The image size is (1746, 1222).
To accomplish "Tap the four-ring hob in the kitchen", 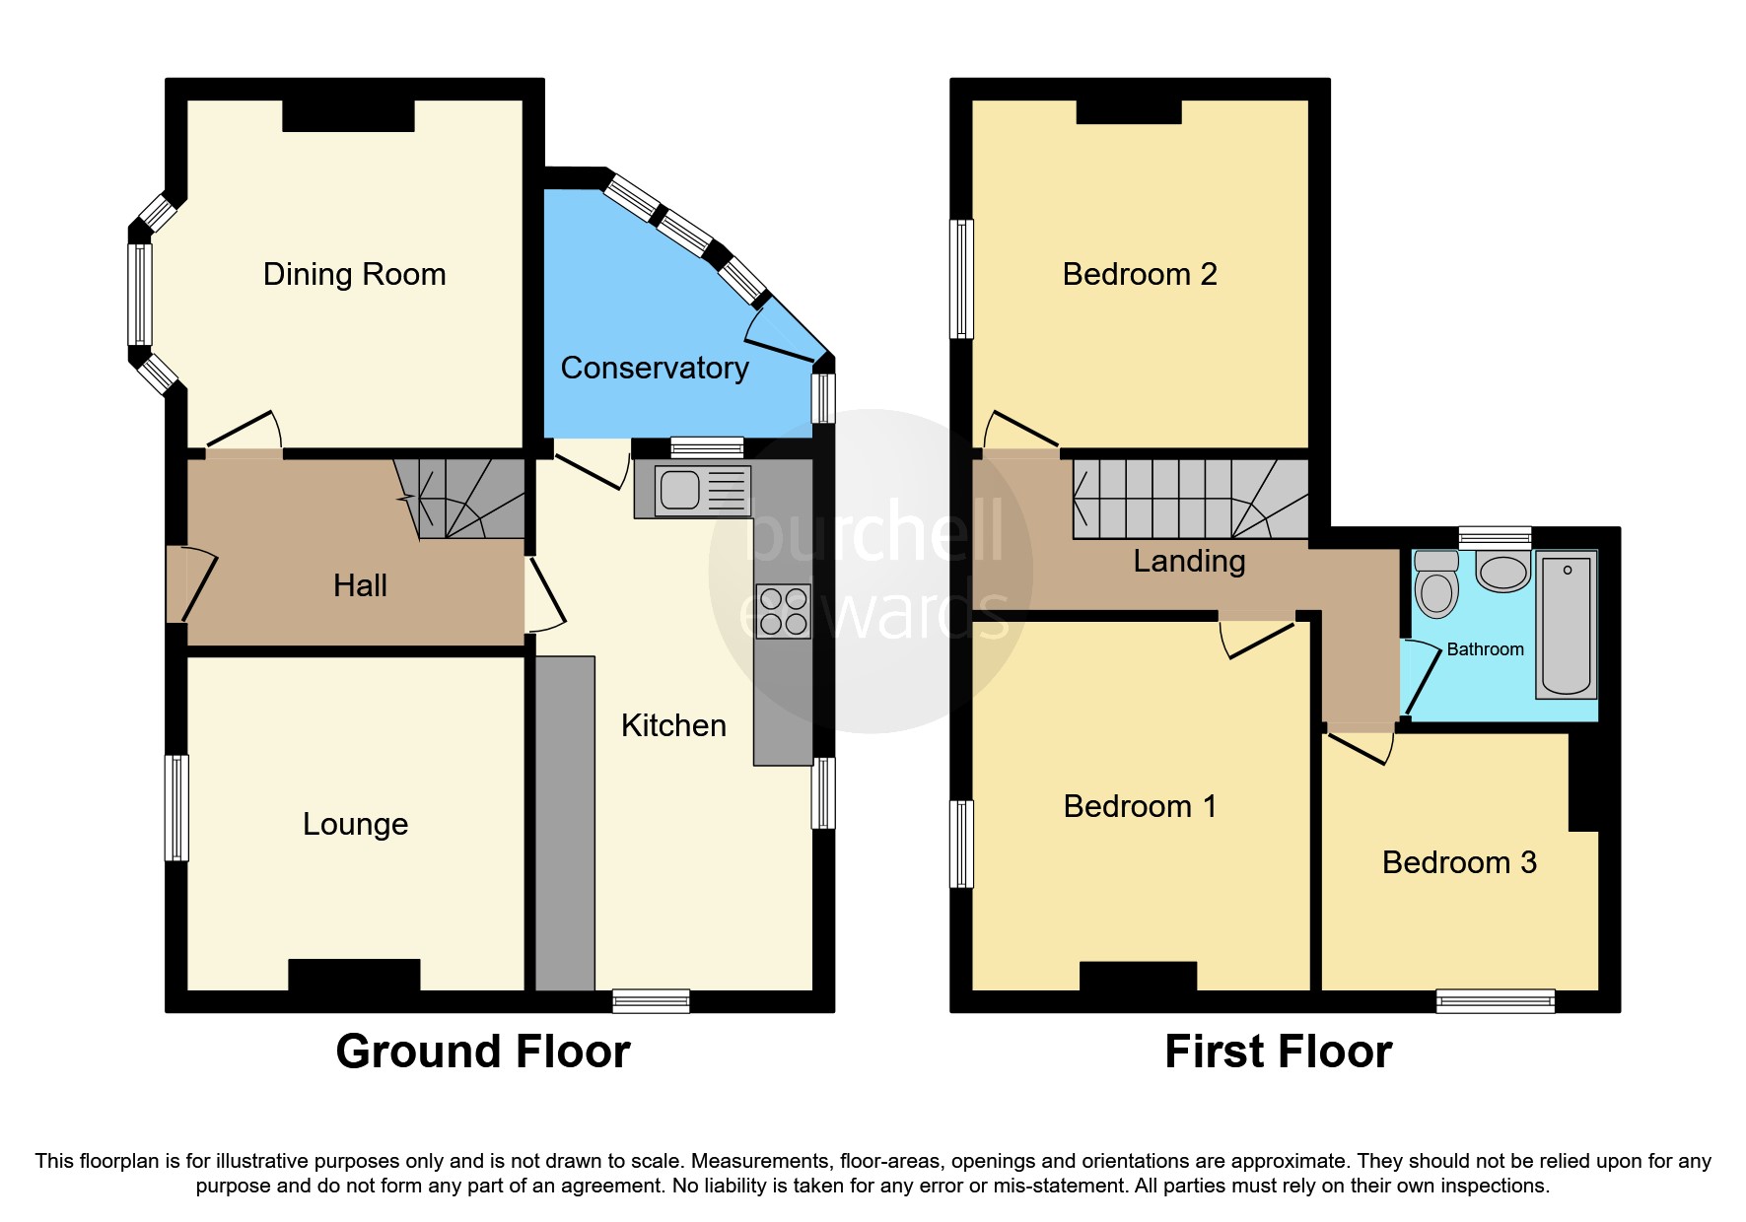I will coord(784,611).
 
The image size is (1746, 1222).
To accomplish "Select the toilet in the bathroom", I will coord(1436,587).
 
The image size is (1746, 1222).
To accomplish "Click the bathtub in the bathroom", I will coord(1566,625).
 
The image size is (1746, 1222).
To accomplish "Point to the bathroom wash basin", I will coord(1502,572).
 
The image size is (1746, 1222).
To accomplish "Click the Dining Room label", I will coord(354,274).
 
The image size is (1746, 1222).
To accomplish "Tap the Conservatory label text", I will coord(654,368).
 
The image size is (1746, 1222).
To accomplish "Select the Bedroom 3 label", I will coord(1459,862).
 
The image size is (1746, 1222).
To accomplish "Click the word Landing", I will coord(1189,561).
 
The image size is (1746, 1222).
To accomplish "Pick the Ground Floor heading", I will coord(482,1052).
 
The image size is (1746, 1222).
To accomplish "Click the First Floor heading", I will coord(1278,1052).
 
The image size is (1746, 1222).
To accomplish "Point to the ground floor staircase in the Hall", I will coord(463,499).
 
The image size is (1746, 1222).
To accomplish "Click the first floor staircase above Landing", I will coord(1188,499).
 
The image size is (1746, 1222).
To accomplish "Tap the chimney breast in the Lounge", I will coord(354,975).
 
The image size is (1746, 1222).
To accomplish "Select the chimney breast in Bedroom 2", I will coord(1129,111).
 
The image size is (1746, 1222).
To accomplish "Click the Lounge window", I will coord(176,808).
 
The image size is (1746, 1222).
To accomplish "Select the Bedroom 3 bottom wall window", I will coord(1496,1001).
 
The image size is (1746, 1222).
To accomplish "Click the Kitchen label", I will coord(673,725).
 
